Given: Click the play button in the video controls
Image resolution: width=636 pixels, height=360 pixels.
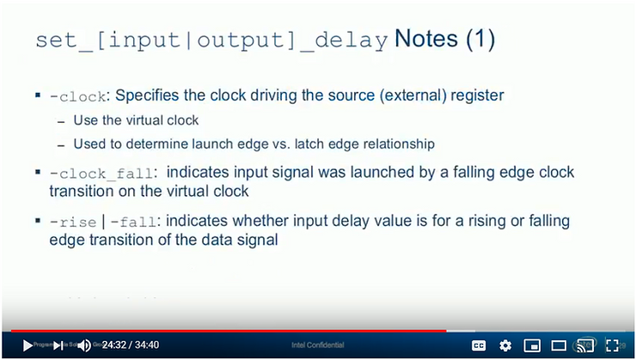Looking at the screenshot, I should tap(28, 345).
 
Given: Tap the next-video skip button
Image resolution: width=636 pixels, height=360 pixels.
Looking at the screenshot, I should tap(58, 345).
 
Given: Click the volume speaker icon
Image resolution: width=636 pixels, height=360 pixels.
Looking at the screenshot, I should tap(85, 345).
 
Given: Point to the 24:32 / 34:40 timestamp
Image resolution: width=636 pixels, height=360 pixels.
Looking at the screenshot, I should tap(131, 345).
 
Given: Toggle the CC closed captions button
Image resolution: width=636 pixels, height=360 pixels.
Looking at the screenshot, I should tap(479, 345).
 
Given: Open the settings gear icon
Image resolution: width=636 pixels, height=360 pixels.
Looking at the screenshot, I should tap(505, 345).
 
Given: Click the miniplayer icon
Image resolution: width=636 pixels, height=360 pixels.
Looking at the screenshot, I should tap(532, 345).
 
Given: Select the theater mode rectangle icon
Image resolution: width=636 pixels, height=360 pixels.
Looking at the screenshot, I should tap(559, 345).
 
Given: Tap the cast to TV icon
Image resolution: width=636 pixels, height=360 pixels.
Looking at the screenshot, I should tap(585, 345).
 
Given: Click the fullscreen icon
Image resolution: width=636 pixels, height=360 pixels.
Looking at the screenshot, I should tap(612, 345).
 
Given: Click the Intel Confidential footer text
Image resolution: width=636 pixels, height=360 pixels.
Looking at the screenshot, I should tap(317, 346).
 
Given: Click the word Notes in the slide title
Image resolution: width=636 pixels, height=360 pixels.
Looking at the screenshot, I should tap(427, 40).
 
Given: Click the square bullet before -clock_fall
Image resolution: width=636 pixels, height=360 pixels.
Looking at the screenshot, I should tap(39, 173).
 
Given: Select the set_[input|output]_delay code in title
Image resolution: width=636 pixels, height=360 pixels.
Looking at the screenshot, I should tap(212, 41).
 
